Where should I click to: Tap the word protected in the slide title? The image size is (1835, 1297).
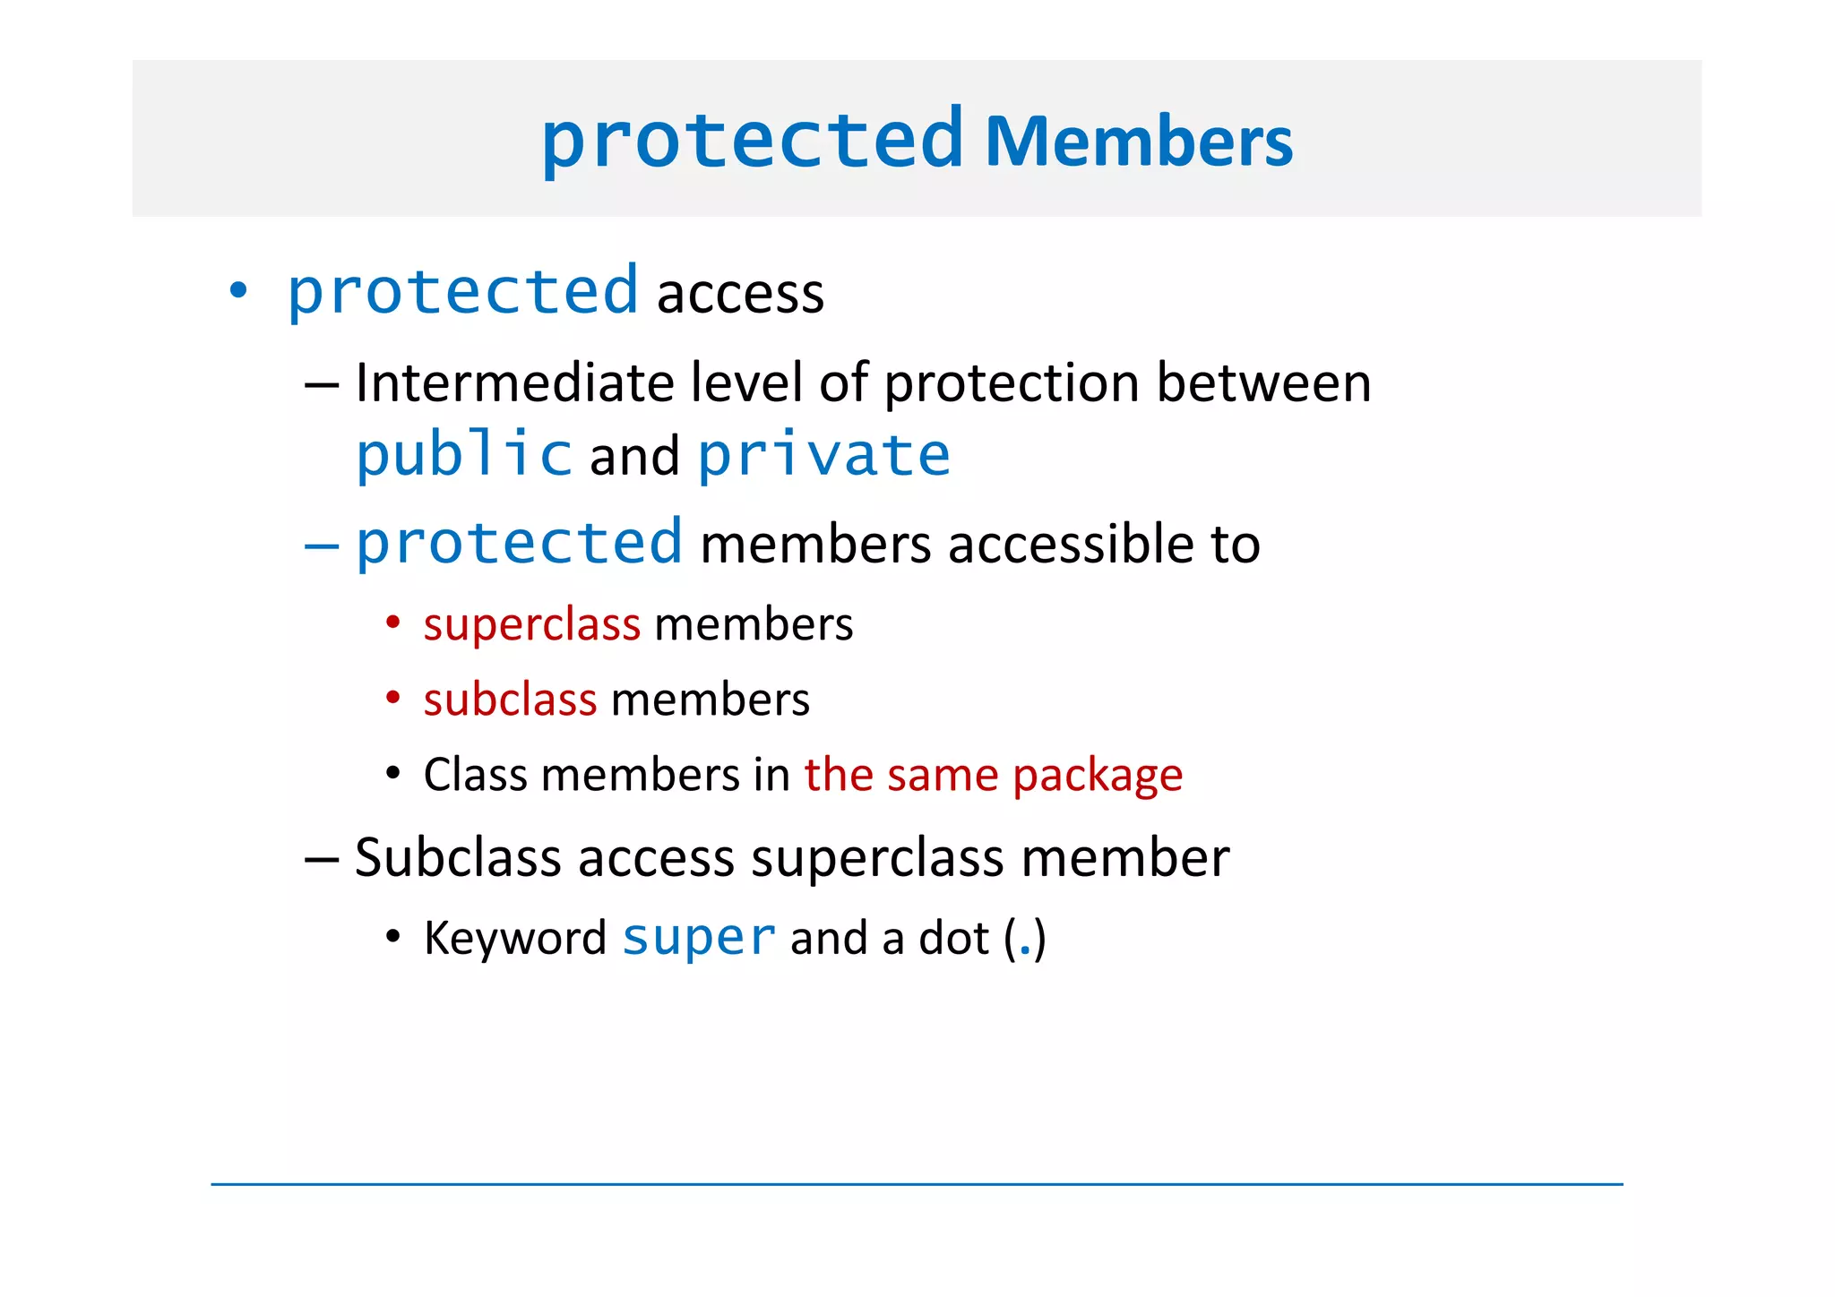click(x=752, y=140)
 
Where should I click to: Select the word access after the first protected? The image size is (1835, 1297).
click(x=740, y=294)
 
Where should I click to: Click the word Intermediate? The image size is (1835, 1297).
click(x=514, y=383)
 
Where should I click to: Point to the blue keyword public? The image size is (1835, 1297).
click(x=464, y=454)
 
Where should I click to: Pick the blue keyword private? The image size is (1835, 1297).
click(x=823, y=454)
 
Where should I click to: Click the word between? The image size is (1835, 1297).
click(x=1263, y=383)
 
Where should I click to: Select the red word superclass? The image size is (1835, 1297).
click(x=532, y=624)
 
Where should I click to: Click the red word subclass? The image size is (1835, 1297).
click(x=510, y=700)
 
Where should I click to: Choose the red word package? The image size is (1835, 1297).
click(x=1098, y=775)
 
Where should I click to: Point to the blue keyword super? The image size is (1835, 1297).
click(x=699, y=938)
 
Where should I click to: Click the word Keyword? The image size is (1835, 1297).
click(x=515, y=939)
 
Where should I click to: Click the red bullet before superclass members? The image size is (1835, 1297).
click(x=392, y=622)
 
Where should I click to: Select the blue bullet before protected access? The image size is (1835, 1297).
click(x=237, y=291)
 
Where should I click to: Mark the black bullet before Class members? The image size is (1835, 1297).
click(x=392, y=772)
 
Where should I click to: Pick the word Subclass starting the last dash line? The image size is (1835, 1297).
click(x=458, y=858)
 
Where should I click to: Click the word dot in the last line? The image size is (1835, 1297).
click(x=954, y=939)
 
